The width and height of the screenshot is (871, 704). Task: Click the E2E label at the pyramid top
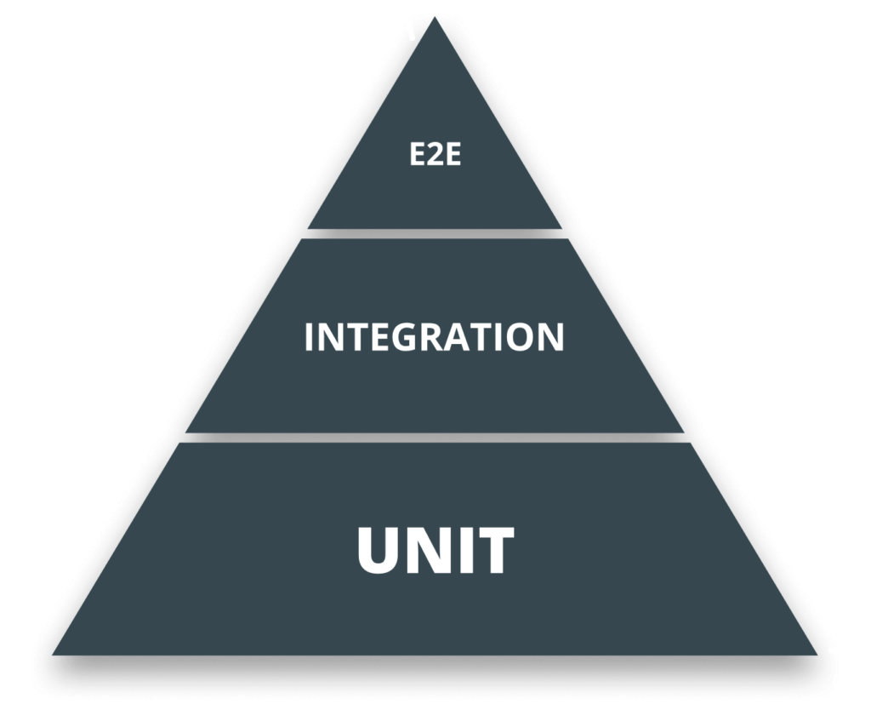(x=435, y=156)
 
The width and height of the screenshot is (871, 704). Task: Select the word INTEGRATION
(x=434, y=337)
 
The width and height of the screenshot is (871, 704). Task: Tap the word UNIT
(x=435, y=551)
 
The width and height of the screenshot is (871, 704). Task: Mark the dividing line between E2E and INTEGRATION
(x=435, y=232)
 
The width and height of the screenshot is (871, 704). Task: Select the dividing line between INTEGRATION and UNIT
(x=435, y=437)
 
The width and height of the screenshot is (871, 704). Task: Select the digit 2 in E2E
(x=435, y=156)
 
